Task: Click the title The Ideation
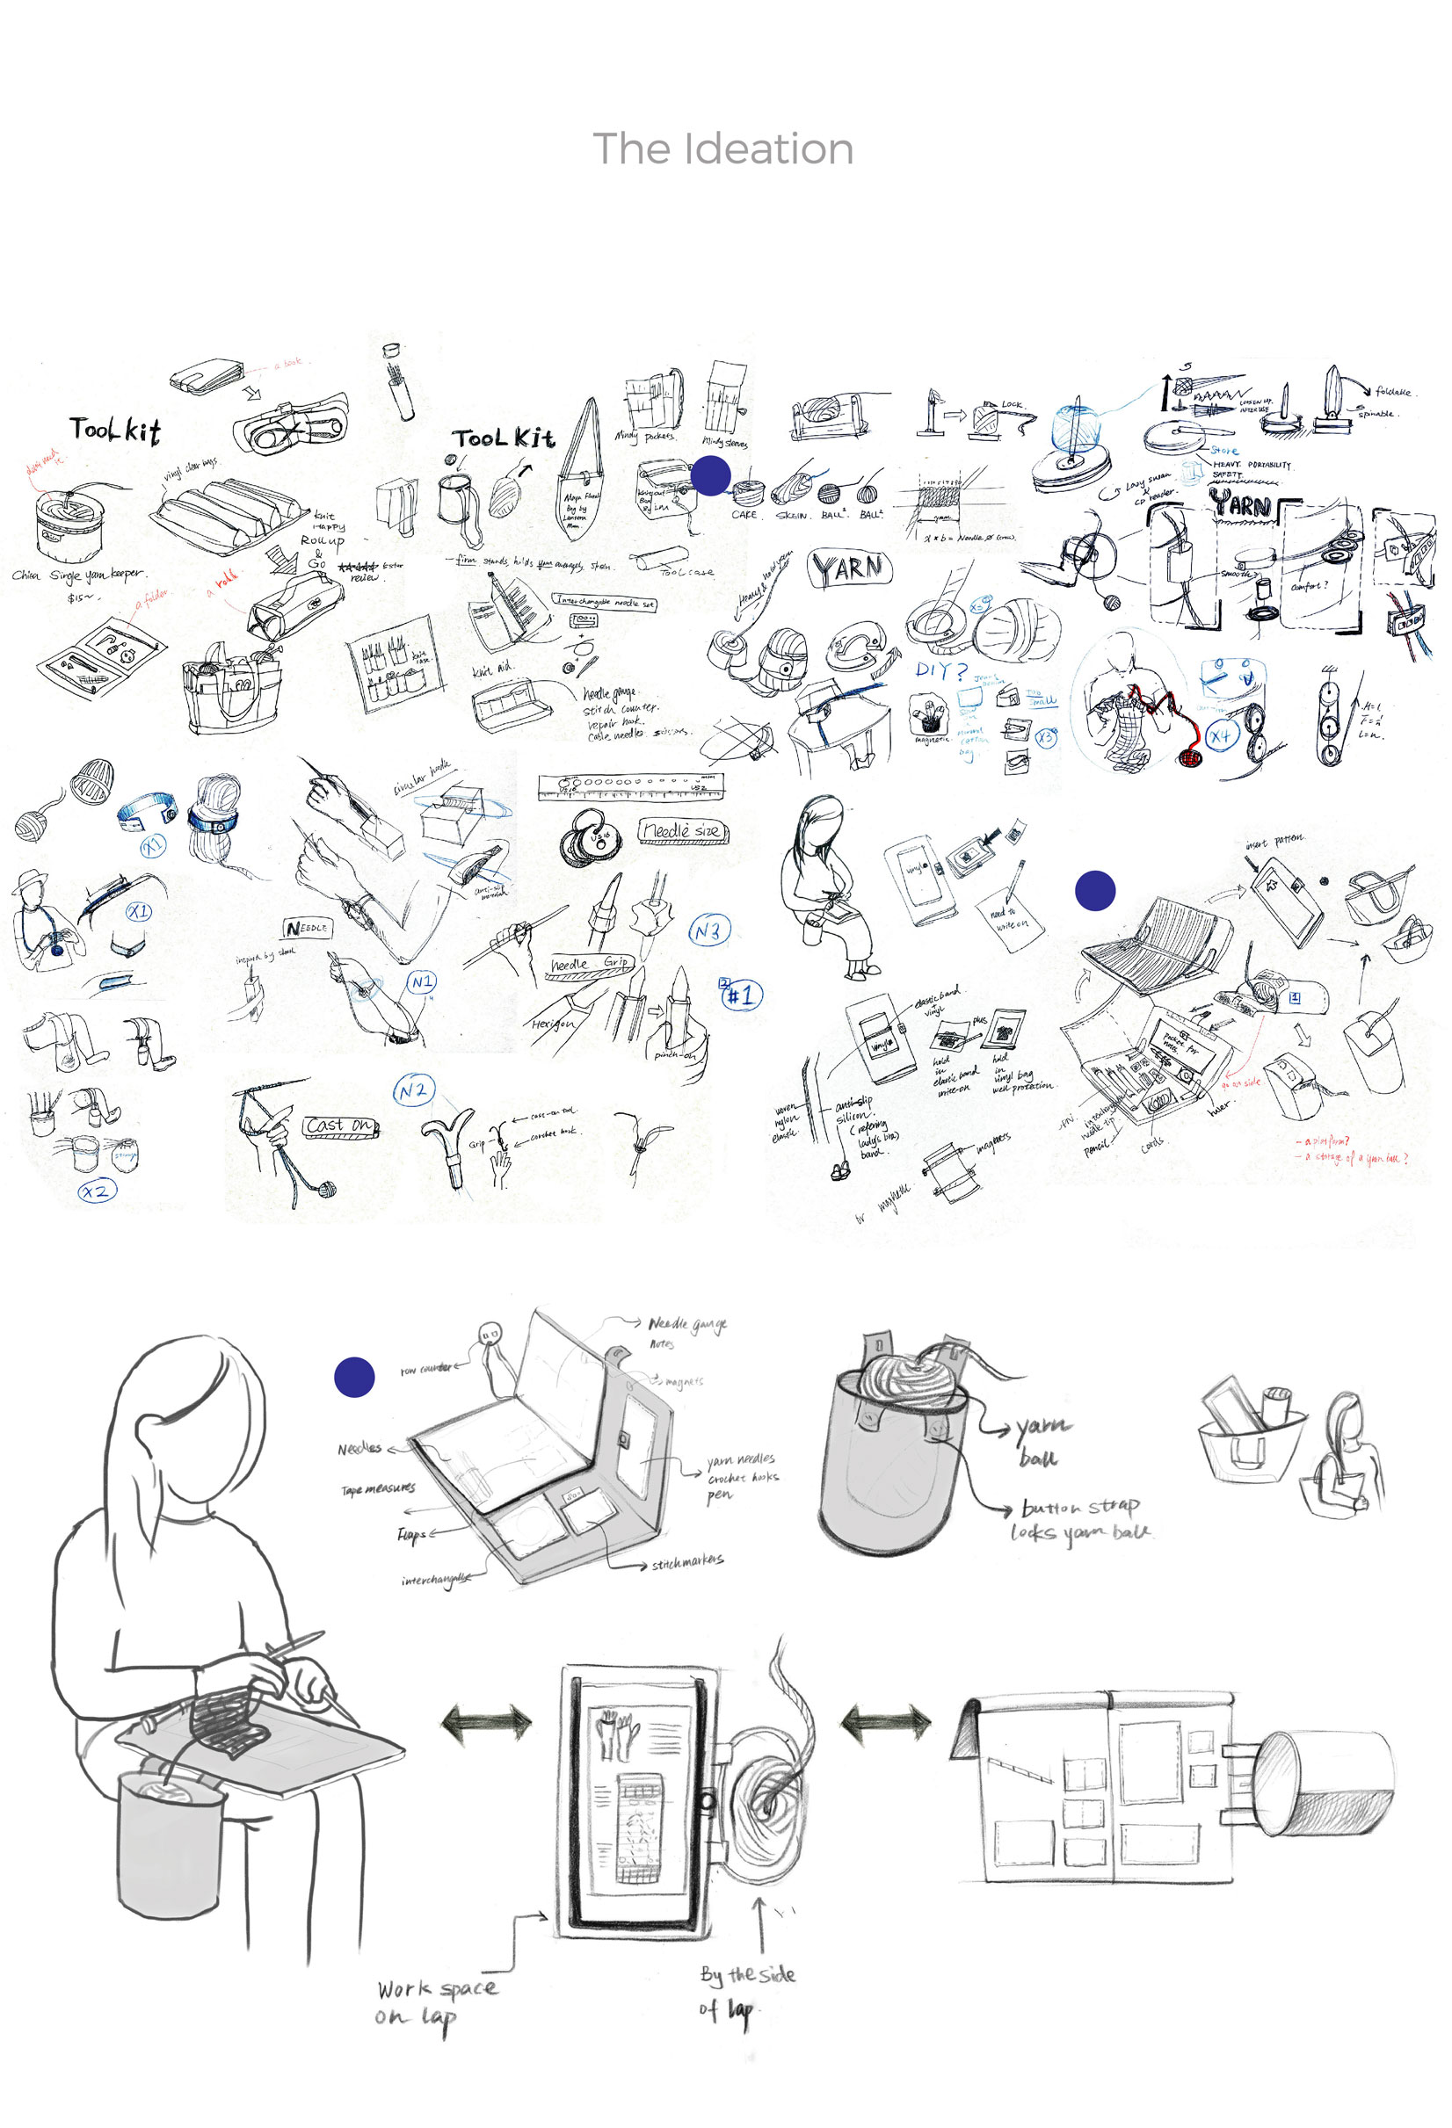[x=722, y=148]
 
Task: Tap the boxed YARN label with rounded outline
[x=849, y=568]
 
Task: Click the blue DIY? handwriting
[x=940, y=671]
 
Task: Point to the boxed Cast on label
[x=340, y=1126]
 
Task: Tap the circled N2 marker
[x=413, y=1091]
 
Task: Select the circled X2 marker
[x=96, y=1191]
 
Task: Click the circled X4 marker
[x=1220, y=735]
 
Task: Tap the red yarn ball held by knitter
[x=1189, y=758]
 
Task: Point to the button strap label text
[x=1080, y=1507]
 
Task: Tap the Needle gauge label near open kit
[x=687, y=1324]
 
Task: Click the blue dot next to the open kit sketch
[x=354, y=1377]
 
